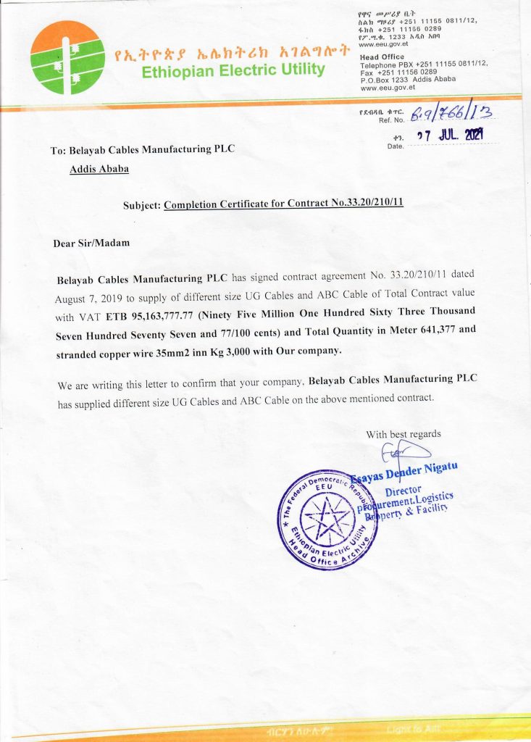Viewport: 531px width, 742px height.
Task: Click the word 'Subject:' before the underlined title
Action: click(142, 205)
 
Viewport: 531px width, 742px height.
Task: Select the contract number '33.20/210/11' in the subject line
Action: click(367, 204)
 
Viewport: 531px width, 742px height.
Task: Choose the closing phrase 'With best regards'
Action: click(404, 434)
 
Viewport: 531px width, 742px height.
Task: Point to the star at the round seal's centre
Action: click(327, 519)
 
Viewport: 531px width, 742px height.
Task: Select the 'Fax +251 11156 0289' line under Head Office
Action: click(398, 72)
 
